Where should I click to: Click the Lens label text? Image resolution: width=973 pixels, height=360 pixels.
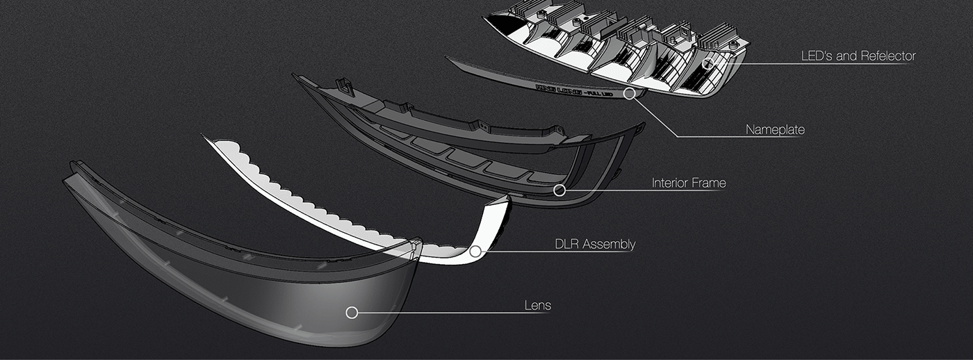pyautogui.click(x=537, y=305)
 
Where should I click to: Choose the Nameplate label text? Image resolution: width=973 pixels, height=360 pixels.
pyautogui.click(x=775, y=129)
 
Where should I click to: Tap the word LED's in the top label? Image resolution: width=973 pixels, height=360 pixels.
pyautogui.click(x=816, y=56)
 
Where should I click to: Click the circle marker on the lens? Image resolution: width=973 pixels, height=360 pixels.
pyautogui.click(x=352, y=313)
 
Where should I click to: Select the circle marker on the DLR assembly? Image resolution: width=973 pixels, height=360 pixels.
pyautogui.click(x=475, y=252)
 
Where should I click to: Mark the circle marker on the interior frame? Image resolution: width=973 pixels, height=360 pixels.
pyautogui.click(x=559, y=190)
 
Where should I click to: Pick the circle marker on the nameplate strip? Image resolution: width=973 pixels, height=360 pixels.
pyautogui.click(x=629, y=93)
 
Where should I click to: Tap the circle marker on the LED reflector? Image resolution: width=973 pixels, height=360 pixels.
pyautogui.click(x=708, y=64)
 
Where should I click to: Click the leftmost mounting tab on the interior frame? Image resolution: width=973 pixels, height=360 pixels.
pyautogui.click(x=344, y=85)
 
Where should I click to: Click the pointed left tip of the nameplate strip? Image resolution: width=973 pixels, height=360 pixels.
pyautogui.click(x=449, y=59)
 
